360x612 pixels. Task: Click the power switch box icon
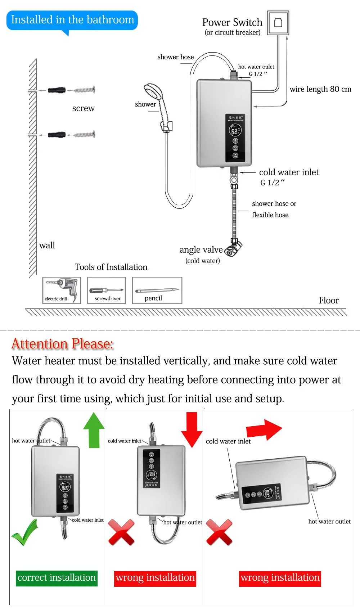278,23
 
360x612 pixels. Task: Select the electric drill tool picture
62,290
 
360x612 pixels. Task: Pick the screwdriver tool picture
107,290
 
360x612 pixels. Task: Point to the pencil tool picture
157,290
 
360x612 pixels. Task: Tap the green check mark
24,532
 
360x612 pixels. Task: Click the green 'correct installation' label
57,578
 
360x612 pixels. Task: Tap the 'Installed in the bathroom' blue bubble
72,20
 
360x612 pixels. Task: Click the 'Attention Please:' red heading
63,344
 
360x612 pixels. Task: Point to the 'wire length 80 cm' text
320,89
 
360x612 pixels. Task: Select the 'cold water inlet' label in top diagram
289,172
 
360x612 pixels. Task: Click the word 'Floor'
329,301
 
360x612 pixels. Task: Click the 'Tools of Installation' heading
111,267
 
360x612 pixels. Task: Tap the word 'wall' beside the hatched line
47,246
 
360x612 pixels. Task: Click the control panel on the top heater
235,138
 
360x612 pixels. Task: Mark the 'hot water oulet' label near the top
256,67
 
